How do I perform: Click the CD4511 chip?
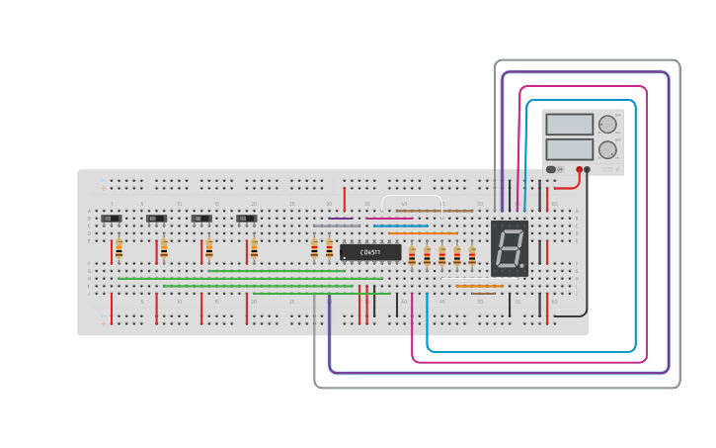[370, 252]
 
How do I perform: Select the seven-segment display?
[510, 247]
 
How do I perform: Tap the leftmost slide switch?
[111, 219]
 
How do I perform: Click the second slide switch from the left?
[156, 219]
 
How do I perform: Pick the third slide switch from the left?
[201, 219]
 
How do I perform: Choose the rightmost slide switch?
[247, 219]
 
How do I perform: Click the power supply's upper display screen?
[569, 125]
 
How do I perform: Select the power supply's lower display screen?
[569, 149]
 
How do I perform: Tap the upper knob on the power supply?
[606, 125]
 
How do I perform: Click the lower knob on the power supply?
[606, 150]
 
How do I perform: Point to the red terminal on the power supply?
[580, 169]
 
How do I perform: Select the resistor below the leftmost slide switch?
[119, 248]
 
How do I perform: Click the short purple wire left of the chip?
[340, 219]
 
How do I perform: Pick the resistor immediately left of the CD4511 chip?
[329, 248]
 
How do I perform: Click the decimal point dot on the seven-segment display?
[522, 266]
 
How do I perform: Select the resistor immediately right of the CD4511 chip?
[412, 255]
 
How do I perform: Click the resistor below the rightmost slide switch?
[254, 248]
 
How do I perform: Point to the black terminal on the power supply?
[588, 169]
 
